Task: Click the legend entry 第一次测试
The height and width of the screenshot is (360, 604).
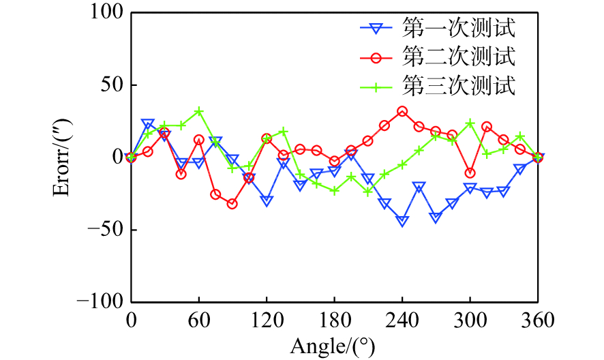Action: coord(458,29)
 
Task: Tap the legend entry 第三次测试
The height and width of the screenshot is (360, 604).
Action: coord(458,87)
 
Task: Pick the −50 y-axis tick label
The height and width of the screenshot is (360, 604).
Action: coord(104,230)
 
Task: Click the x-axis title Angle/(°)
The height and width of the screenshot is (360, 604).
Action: coord(333,346)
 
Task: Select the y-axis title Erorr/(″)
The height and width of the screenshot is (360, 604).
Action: coord(62,157)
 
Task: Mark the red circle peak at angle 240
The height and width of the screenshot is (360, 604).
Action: coord(402,111)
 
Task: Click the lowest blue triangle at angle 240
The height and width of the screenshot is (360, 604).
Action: coord(402,221)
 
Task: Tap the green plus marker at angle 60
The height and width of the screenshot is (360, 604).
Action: coord(198,111)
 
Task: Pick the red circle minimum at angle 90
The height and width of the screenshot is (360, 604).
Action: coord(232,204)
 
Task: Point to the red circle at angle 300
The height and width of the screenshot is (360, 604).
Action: coord(470,172)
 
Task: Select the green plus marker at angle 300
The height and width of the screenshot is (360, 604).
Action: coord(470,123)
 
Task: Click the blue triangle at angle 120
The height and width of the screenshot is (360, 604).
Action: coord(267,200)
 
